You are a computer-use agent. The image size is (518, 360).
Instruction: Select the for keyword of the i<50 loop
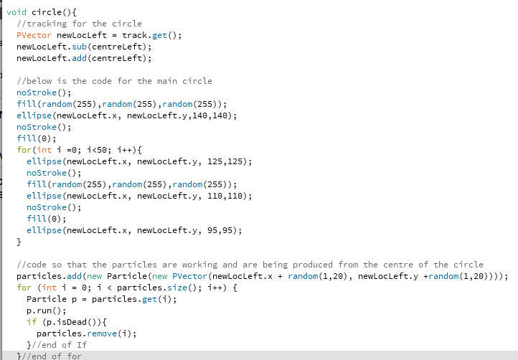pyautogui.click(x=24, y=150)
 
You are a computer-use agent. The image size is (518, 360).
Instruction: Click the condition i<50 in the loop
pyautogui.click(x=95, y=150)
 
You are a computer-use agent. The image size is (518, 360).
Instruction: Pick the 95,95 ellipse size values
pyautogui.click(x=224, y=230)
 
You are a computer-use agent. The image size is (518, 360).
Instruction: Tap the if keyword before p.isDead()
pyautogui.click(x=31, y=322)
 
